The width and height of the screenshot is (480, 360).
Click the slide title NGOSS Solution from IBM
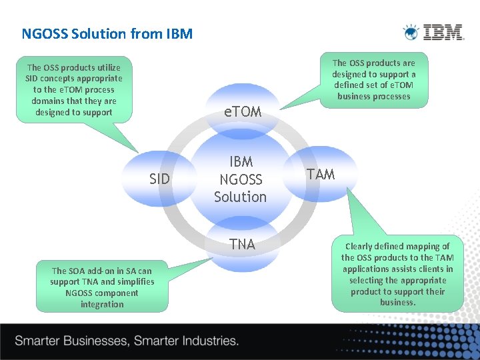(x=107, y=33)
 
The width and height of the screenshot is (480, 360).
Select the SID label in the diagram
(x=159, y=179)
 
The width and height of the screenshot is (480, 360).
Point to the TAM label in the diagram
(x=320, y=175)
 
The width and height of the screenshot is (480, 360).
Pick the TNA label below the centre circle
(x=242, y=245)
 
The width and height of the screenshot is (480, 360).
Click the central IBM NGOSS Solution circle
(x=240, y=179)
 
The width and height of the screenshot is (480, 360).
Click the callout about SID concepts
(x=73, y=89)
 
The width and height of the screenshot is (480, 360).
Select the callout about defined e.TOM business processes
(x=373, y=80)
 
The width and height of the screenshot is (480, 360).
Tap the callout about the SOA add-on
(x=102, y=287)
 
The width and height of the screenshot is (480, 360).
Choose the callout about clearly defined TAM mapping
(x=397, y=274)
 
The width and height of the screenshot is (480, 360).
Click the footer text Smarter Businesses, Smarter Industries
(x=127, y=341)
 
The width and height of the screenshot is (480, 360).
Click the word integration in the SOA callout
(x=102, y=305)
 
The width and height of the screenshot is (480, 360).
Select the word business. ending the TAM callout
(x=397, y=303)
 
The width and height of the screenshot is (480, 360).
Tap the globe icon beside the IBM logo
(x=411, y=32)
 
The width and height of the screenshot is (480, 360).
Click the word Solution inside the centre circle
(x=240, y=197)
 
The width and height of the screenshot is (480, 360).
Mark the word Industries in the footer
(x=207, y=341)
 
